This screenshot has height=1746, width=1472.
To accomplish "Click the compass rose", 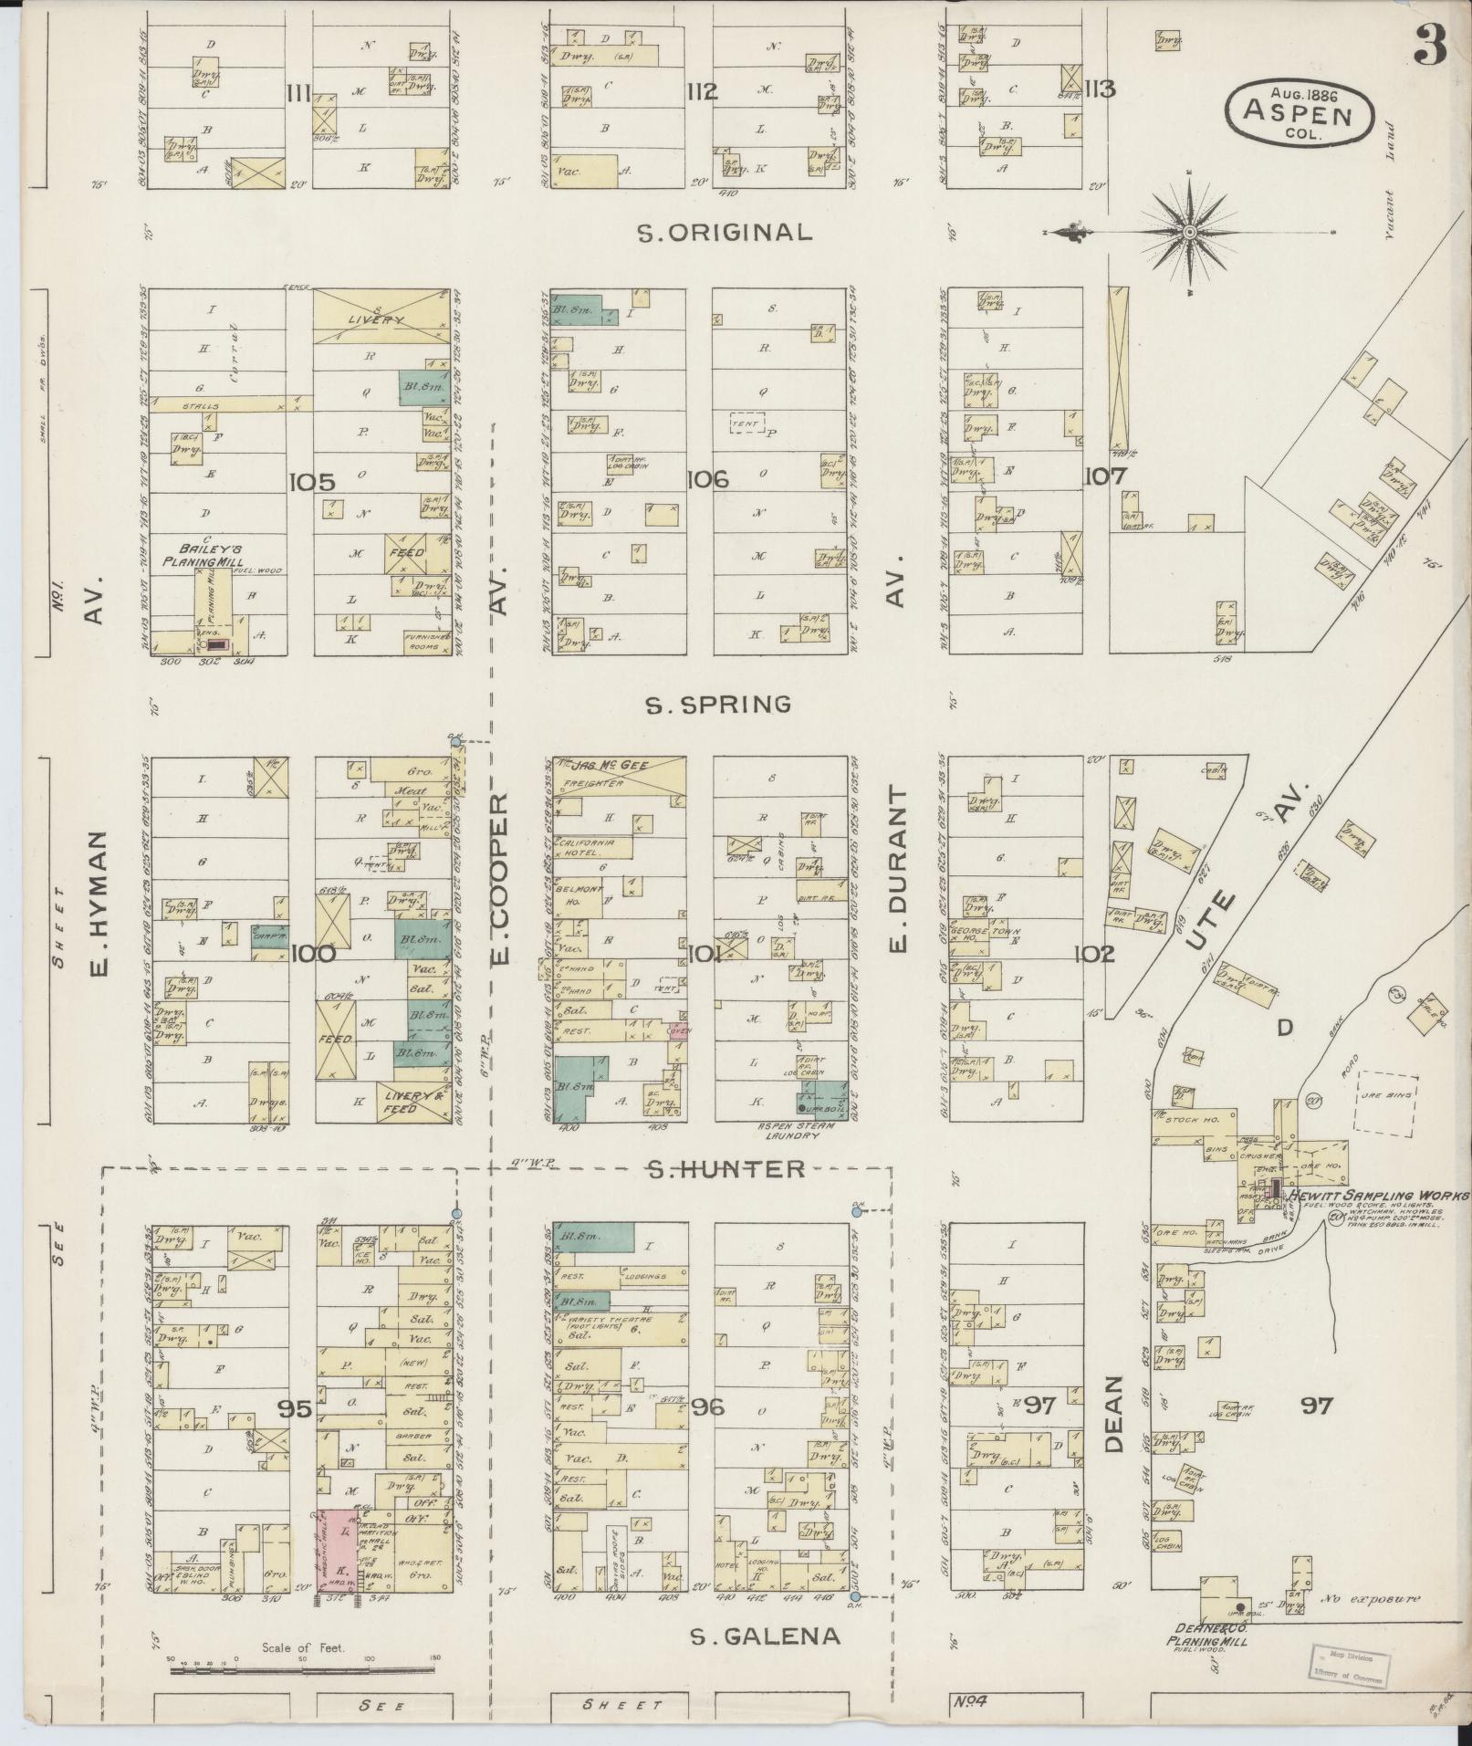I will pos(1190,234).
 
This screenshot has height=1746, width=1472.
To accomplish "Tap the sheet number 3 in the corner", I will pos(1430,45).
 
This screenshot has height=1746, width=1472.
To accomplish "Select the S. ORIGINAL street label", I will pos(725,232).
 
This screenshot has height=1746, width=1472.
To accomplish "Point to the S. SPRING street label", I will pos(718,705).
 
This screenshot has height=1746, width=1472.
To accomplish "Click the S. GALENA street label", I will pos(765,1636).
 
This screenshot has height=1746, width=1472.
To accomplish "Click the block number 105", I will pos(312,481).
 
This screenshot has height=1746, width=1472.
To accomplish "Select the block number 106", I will pos(707,478).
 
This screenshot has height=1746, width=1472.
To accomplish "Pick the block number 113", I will pos(1101,89).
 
